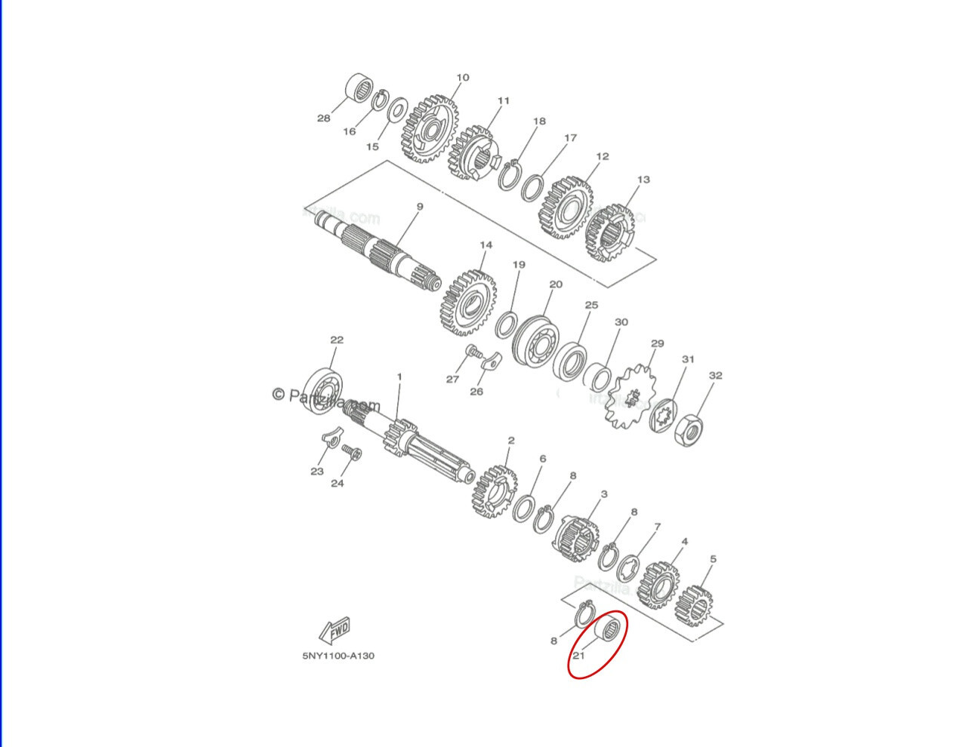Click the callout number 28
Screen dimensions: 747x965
pyautogui.click(x=323, y=118)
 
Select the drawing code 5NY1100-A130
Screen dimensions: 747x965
pyautogui.click(x=338, y=656)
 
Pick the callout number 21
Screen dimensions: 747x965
pyautogui.click(x=578, y=655)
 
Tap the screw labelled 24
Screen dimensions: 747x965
pyautogui.click(x=351, y=452)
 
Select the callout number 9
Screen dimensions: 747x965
pyautogui.click(x=420, y=207)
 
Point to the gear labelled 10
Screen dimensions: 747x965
pyautogui.click(x=430, y=128)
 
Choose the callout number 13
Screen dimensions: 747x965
pyautogui.click(x=643, y=180)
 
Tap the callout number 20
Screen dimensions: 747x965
pyautogui.click(x=556, y=284)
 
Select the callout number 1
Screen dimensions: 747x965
pyautogui.click(x=399, y=377)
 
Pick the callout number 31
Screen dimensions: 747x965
pyautogui.click(x=688, y=359)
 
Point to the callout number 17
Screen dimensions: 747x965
pyautogui.click(x=570, y=138)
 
